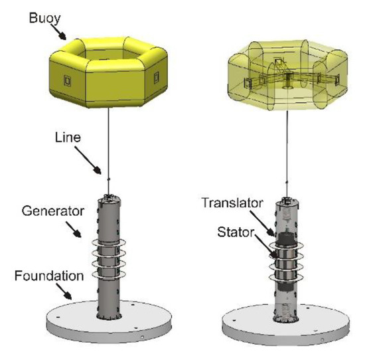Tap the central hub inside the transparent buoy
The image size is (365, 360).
(287, 82)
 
